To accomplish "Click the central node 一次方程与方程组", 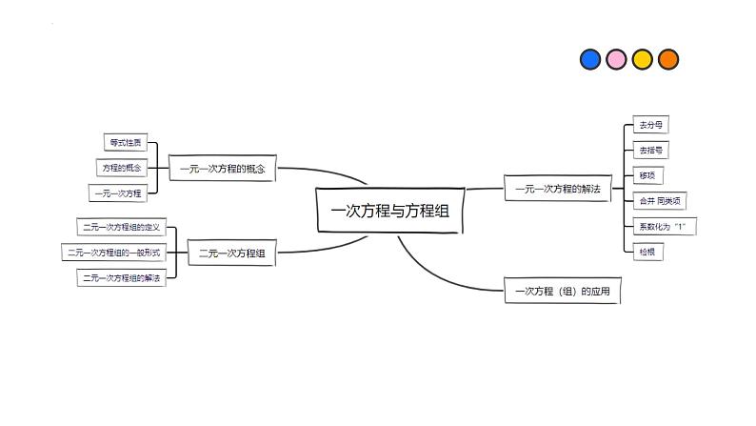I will pos(389,211).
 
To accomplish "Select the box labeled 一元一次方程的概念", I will pos(222,169).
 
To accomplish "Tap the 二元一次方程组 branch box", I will pos(231,254).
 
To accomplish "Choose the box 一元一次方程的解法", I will pos(557,189).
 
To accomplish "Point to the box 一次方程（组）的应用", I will pos(562,291).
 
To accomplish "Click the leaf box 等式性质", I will pos(125,143).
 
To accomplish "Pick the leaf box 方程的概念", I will pos(122,168).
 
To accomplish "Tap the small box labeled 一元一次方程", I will pos(118,193).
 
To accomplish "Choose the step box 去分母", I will pos(651,125).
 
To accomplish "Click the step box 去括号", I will pos(651,150).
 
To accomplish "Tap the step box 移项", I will pos(647,175).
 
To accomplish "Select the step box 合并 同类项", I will pos(658,201).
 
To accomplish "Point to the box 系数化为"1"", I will pos(662,227).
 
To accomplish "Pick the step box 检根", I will pos(647,252).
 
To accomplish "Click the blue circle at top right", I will pos(590,59).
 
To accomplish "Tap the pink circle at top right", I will pos(616,59).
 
